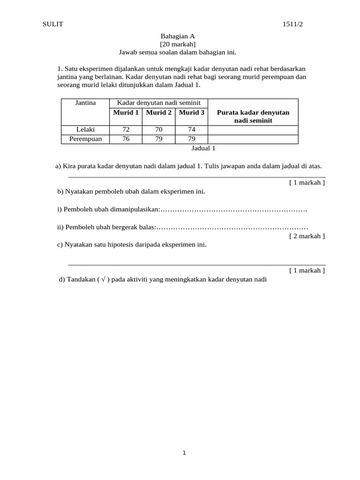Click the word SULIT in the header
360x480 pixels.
52,25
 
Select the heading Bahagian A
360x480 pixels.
178,36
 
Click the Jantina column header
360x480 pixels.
85,103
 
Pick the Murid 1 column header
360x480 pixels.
126,112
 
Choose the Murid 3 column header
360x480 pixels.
192,112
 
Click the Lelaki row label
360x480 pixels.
85,130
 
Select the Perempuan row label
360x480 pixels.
85,139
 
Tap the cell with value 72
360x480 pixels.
126,130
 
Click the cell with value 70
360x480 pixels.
158,130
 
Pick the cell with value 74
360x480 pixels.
192,130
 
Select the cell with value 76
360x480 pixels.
126,139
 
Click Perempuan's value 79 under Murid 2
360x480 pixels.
158,139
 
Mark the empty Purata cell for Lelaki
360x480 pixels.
253,130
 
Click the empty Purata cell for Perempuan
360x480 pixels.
253,139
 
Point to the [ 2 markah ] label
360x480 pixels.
307,236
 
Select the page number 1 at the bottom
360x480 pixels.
184,453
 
